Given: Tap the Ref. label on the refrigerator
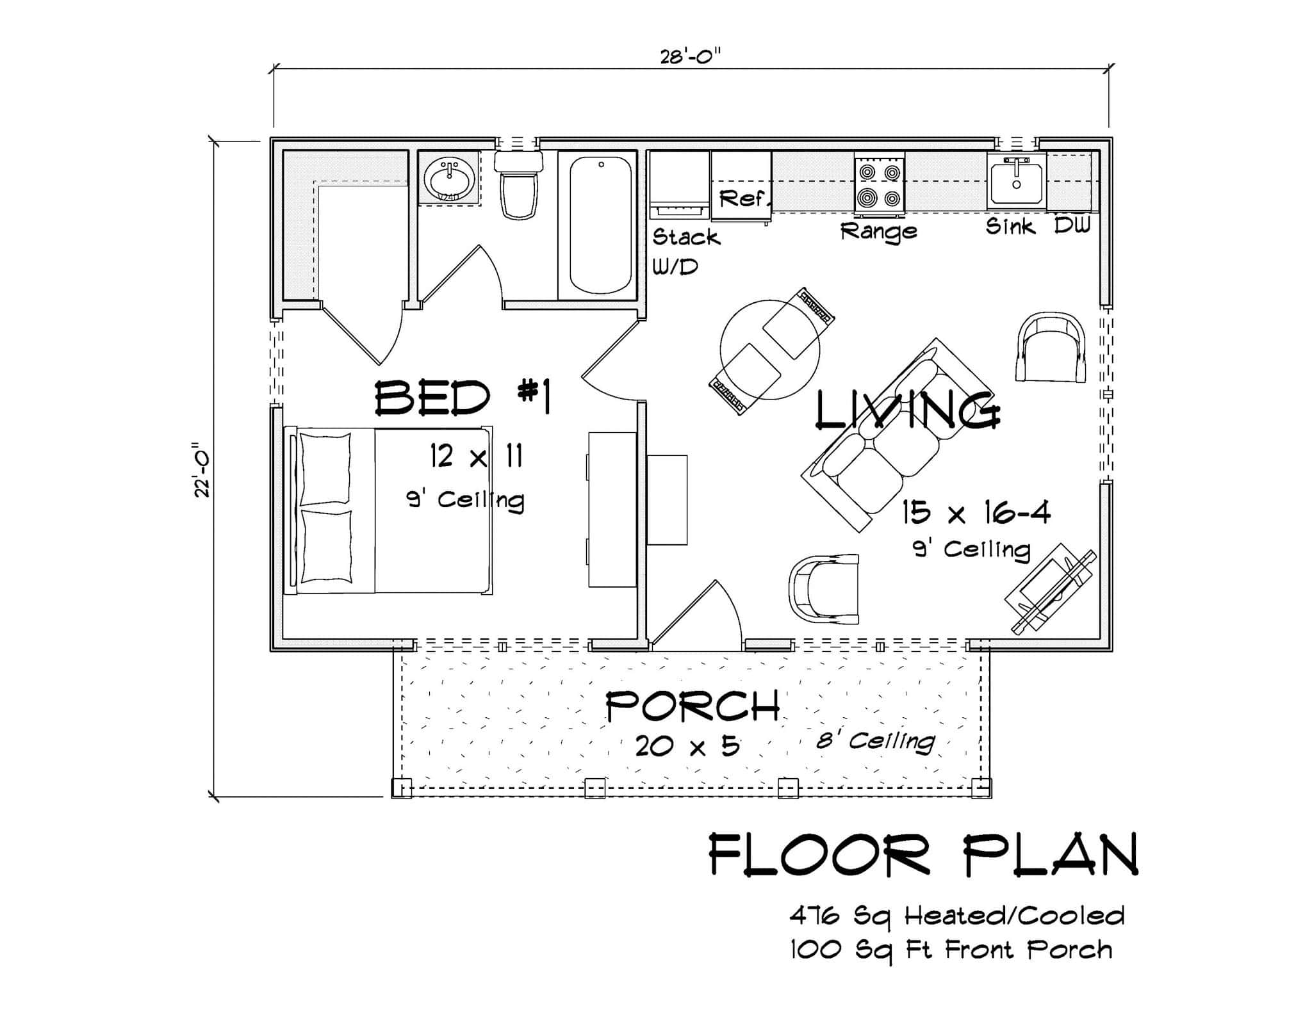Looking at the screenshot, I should pyautogui.click(x=742, y=199).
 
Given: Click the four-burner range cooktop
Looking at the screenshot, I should pyautogui.click(x=879, y=186).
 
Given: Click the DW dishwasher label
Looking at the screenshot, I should pyautogui.click(x=1072, y=225).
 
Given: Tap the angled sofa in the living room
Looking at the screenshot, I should pyautogui.click(x=897, y=435).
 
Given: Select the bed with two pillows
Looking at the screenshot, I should pyautogui.click(x=388, y=510).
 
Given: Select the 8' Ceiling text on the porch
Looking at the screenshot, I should pyautogui.click(x=875, y=742).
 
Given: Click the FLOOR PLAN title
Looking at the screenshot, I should pyautogui.click(x=922, y=855).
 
